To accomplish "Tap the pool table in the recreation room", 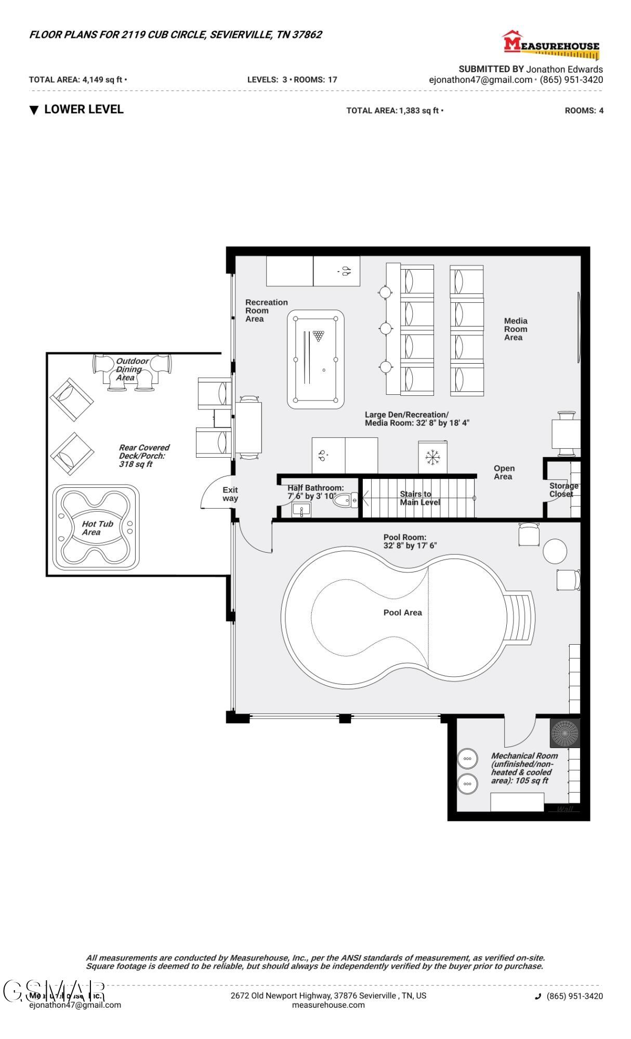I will [x=315, y=359].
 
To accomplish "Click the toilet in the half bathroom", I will [x=344, y=501].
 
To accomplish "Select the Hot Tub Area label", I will [x=97, y=528].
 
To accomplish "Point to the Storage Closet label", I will [x=563, y=490].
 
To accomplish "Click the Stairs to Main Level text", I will [x=419, y=498].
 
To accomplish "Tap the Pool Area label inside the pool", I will [x=402, y=613].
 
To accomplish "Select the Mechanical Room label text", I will [x=523, y=768].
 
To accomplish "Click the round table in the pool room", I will [x=555, y=551].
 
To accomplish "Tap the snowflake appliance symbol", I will [x=432, y=458].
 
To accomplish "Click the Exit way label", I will [x=230, y=494].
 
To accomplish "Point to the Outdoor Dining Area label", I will [x=131, y=369].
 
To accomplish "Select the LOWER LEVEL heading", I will [x=83, y=110].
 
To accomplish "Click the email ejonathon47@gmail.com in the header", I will [x=480, y=80].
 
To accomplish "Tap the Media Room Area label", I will [x=515, y=329].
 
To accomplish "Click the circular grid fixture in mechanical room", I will [x=564, y=733].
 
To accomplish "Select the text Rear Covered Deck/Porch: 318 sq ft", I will [x=143, y=456].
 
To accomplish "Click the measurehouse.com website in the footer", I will [x=328, y=1005].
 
